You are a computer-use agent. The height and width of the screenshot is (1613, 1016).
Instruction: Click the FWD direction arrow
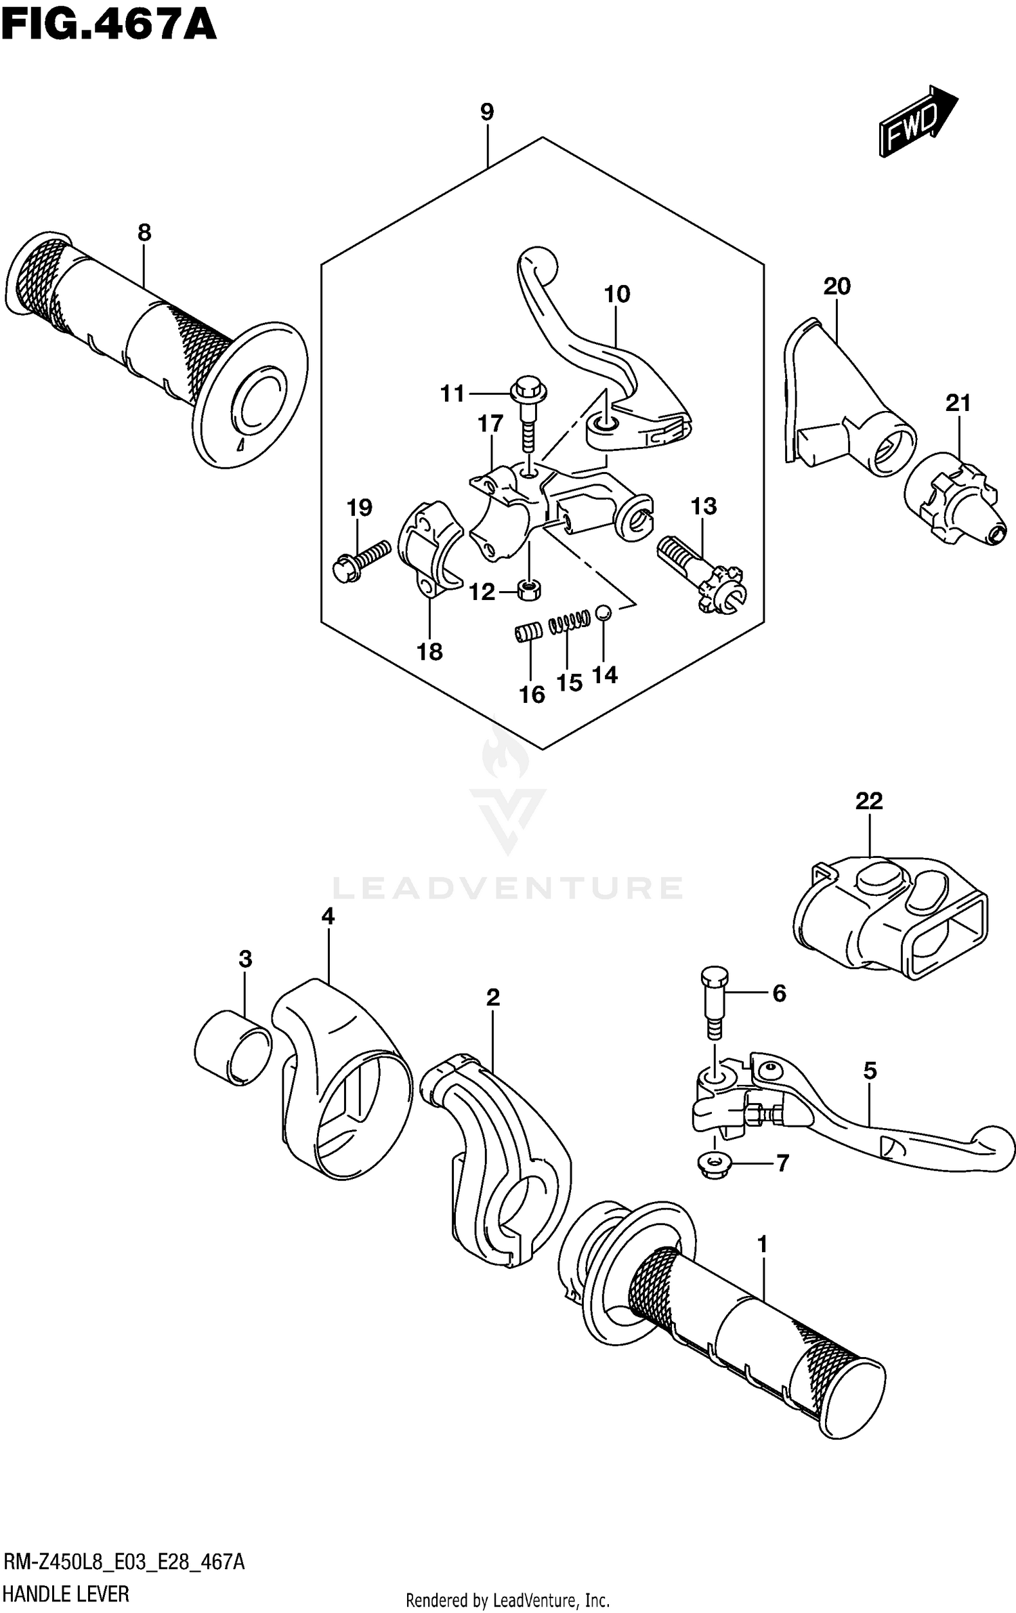click(x=917, y=123)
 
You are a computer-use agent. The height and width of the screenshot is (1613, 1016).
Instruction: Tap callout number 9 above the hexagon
click(x=487, y=112)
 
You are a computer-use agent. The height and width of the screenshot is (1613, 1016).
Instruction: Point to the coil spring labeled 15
click(x=570, y=622)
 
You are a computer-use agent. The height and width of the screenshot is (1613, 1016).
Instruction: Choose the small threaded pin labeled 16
click(x=528, y=632)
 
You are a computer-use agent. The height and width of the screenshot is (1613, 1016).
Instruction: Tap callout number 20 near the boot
click(x=837, y=287)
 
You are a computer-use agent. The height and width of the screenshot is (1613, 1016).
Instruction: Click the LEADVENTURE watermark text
click(x=508, y=887)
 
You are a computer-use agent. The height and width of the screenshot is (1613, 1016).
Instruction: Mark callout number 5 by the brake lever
click(x=870, y=1071)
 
